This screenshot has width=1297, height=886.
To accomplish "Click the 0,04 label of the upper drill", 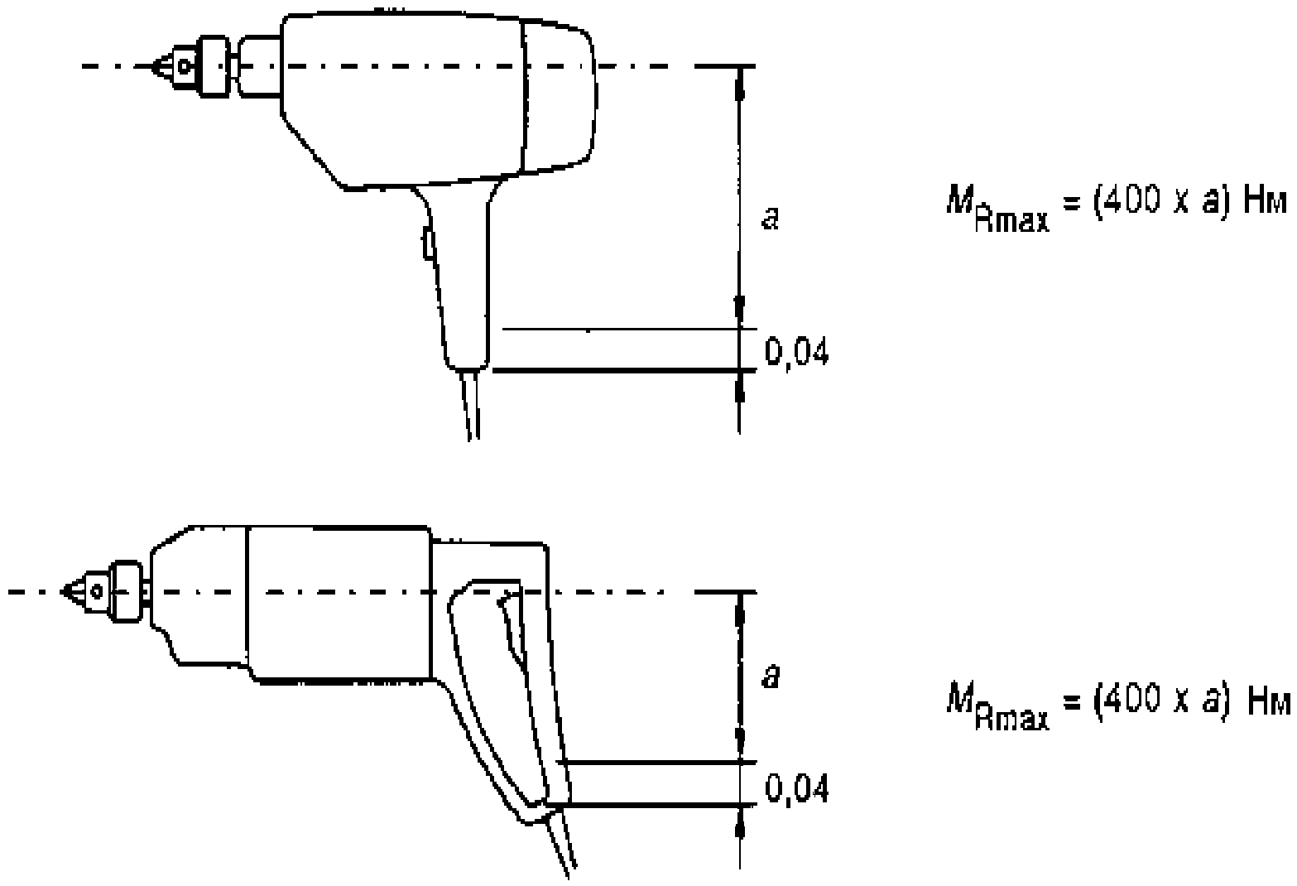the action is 796,351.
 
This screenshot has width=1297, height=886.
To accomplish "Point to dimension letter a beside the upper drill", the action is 770,219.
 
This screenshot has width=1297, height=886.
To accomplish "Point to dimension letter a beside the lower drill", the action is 771,676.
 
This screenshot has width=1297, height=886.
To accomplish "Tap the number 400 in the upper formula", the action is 1131,201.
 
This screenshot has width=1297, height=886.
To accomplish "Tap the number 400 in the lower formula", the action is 1131,700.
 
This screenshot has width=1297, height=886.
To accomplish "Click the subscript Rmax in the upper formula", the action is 1011,220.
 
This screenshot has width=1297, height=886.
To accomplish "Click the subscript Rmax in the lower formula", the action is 1011,718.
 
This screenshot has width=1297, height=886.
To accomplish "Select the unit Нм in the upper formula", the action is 1266,202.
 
